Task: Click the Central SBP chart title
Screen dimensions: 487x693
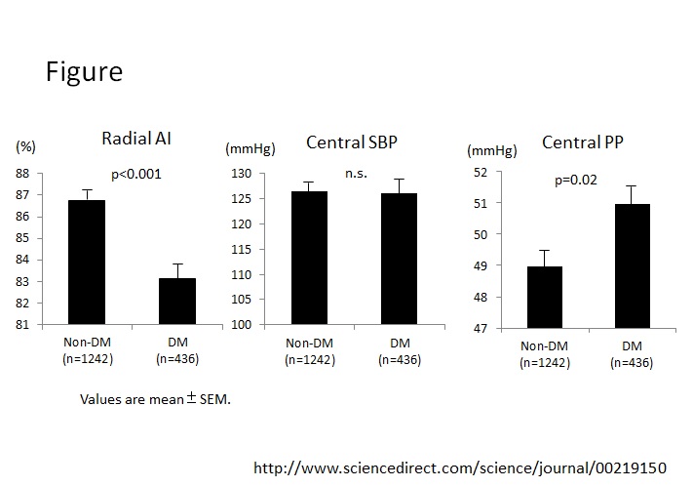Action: click(351, 143)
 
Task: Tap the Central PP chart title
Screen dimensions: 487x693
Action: click(583, 142)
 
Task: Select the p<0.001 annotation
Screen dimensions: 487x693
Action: click(135, 175)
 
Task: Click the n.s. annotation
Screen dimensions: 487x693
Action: click(355, 174)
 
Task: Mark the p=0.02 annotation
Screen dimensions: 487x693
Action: click(575, 180)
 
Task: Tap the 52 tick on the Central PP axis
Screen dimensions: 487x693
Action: click(480, 172)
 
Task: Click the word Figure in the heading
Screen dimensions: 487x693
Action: click(83, 72)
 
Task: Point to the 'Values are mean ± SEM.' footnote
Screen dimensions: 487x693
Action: click(155, 399)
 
